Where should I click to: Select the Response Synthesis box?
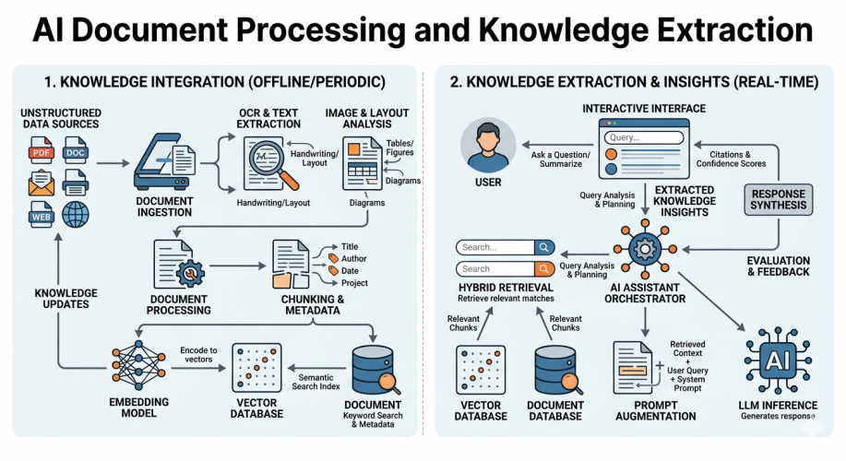pos(779,200)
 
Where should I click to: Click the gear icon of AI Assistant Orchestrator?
pos(644,250)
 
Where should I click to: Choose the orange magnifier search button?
pos(543,268)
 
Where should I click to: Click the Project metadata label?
pos(355,283)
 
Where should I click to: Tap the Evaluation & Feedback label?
pos(779,267)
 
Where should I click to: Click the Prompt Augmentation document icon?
pos(637,368)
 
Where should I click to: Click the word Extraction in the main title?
pos(726,31)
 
